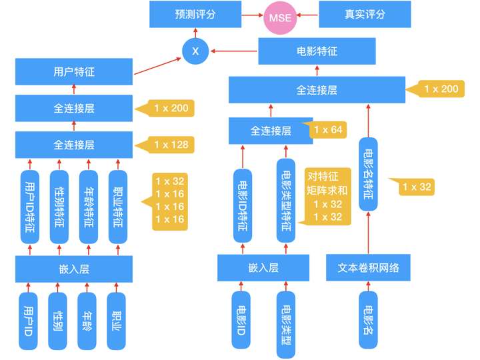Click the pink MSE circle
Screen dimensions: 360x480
click(x=279, y=15)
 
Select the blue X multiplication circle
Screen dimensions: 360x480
click(x=195, y=51)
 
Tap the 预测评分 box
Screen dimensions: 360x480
click(x=195, y=14)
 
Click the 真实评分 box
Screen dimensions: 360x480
click(x=363, y=14)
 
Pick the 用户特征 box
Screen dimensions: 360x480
click(x=73, y=71)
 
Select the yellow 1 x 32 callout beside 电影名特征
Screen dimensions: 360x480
click(x=414, y=187)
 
